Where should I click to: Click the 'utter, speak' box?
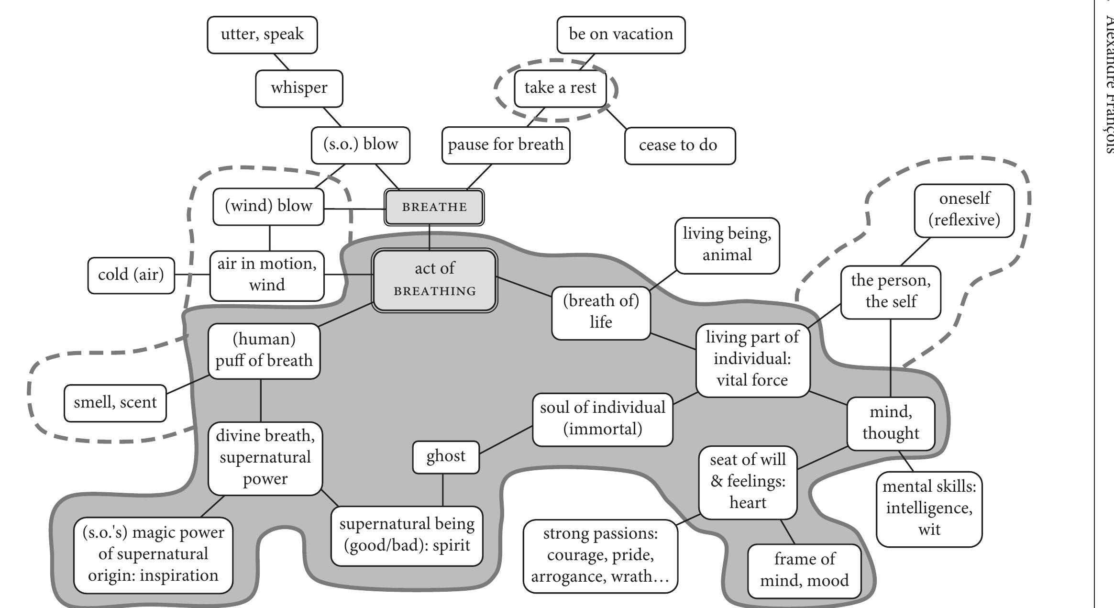pyautogui.click(x=262, y=34)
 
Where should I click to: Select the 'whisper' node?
pyautogui.click(x=299, y=88)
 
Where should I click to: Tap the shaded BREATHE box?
pyautogui.click(x=434, y=207)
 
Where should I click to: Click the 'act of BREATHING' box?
pyautogui.click(x=434, y=280)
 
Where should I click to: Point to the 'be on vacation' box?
pyautogui.click(x=620, y=34)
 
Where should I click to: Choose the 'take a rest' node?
pyautogui.click(x=560, y=88)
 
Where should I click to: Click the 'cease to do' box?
pyautogui.click(x=679, y=145)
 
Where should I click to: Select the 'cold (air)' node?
pyautogui.click(x=131, y=275)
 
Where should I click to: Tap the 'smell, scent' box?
pyautogui.click(x=115, y=403)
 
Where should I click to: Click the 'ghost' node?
pyautogui.click(x=445, y=457)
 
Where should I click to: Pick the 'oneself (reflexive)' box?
pyautogui.click(x=964, y=210)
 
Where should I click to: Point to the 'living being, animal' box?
pyautogui.click(x=727, y=245)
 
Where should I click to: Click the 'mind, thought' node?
pyautogui.click(x=890, y=423)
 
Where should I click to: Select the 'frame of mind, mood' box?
pyautogui.click(x=804, y=570)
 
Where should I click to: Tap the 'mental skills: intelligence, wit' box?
pyautogui.click(x=928, y=509)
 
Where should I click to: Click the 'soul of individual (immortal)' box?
pyautogui.click(x=602, y=419)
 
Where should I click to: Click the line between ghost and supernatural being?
pyautogui.click(x=442, y=490)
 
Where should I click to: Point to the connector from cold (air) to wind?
pyautogui.click(x=192, y=275)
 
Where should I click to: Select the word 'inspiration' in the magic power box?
pyautogui.click(x=178, y=575)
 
